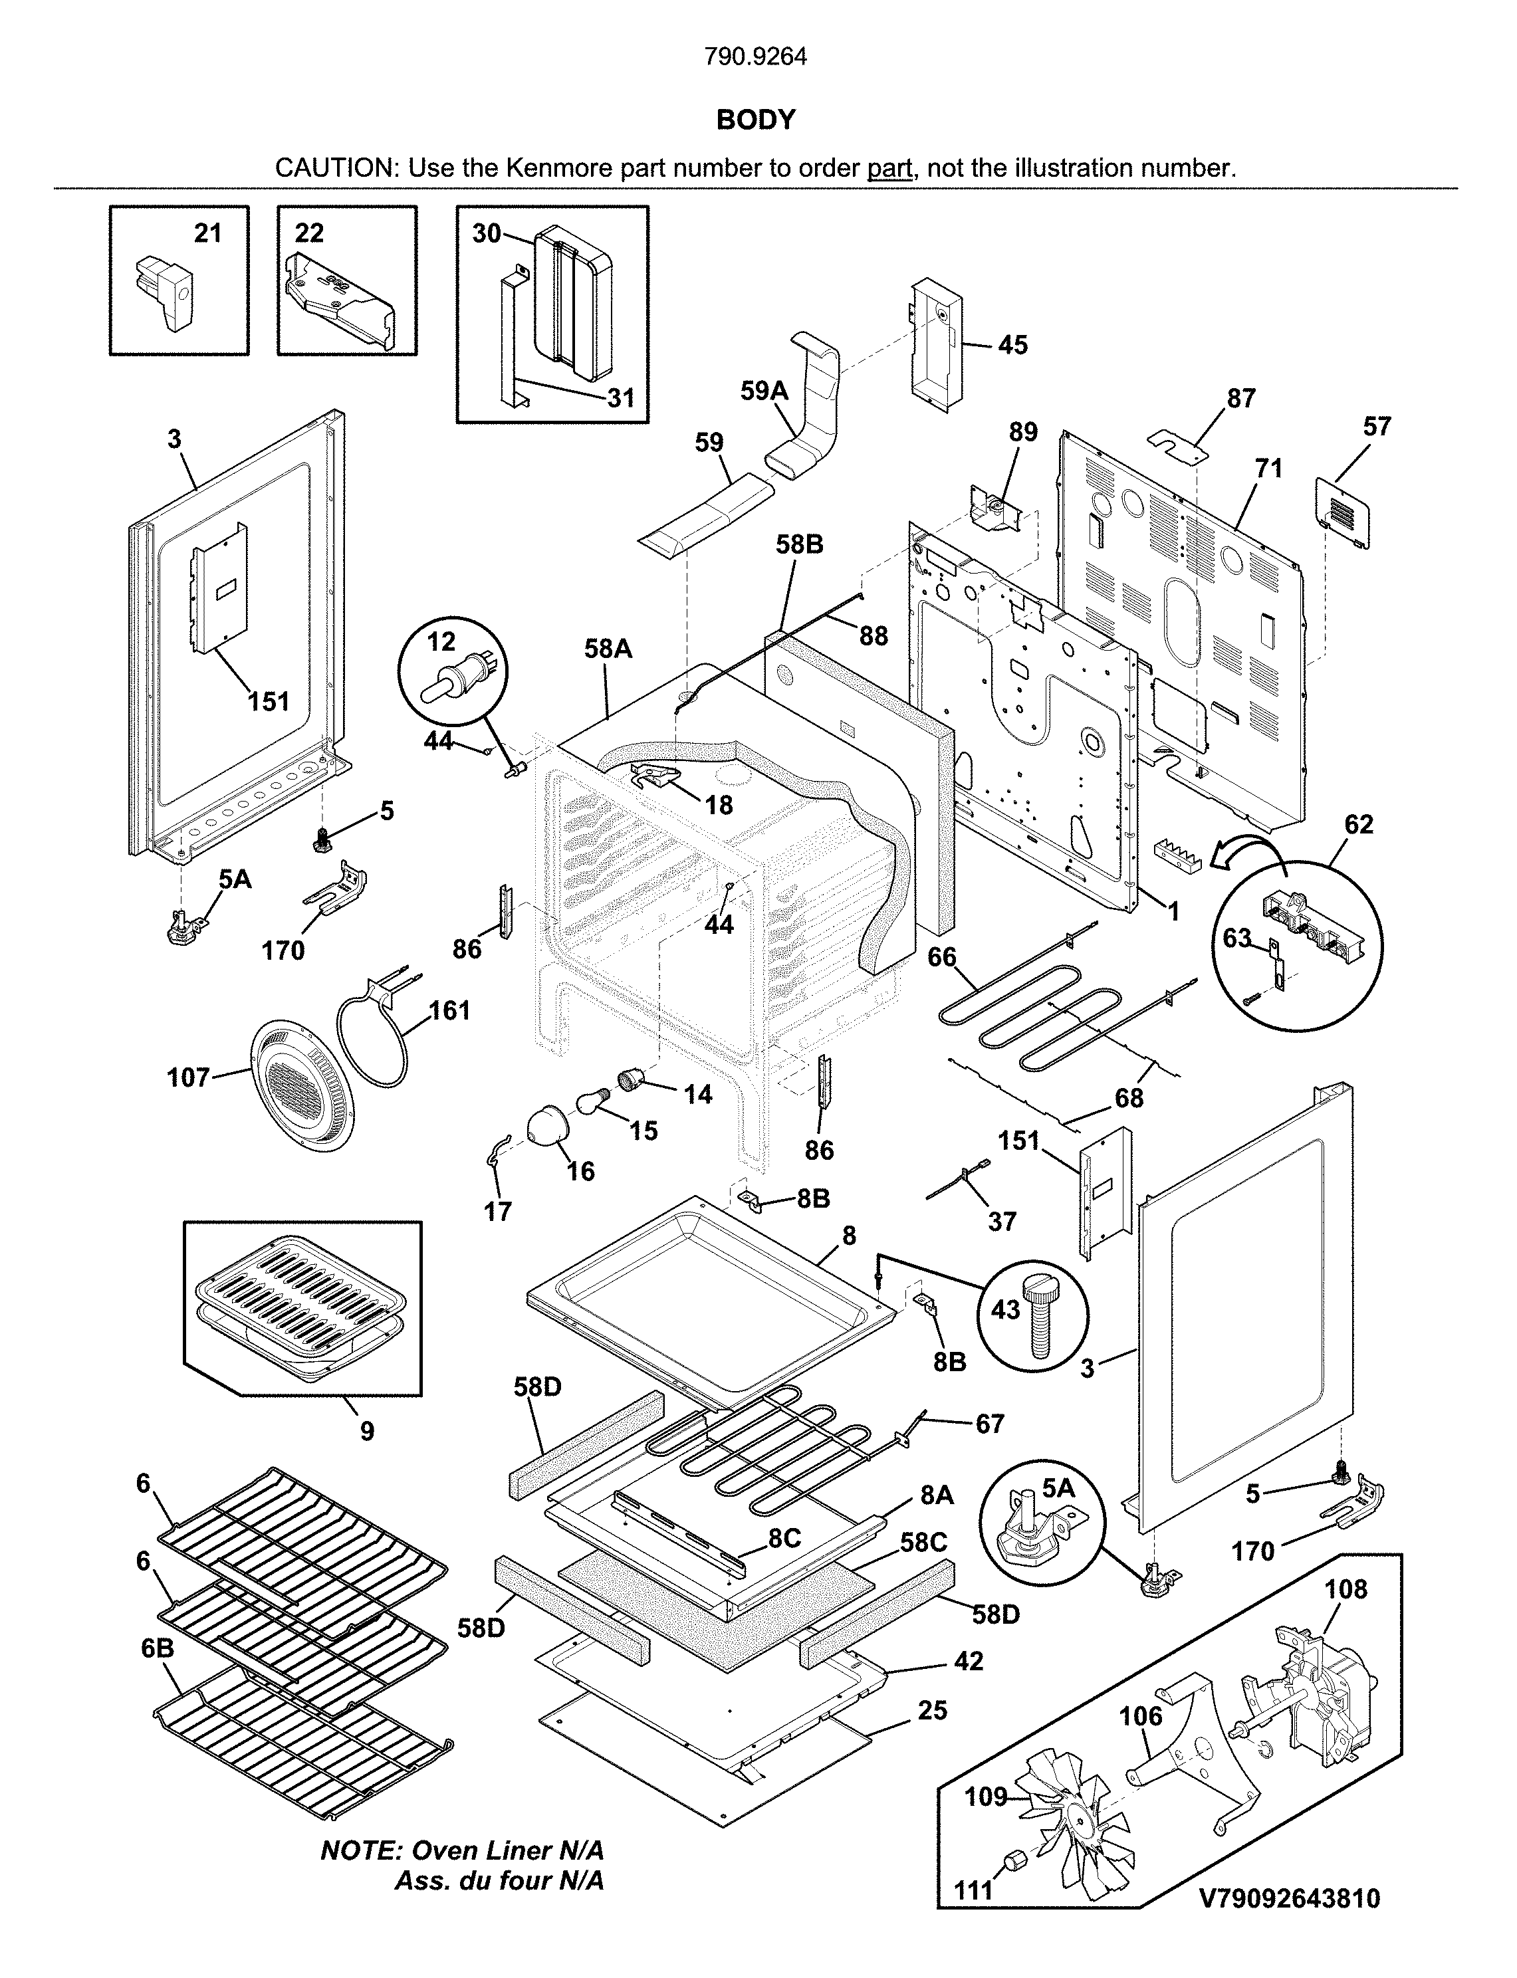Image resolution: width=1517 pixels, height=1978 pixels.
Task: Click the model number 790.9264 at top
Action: (x=756, y=57)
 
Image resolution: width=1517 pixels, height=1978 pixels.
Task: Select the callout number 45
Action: (x=1012, y=345)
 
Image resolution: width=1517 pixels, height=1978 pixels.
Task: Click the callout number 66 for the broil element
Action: (x=942, y=957)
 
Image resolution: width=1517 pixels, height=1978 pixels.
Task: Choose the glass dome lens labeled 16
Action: (x=550, y=1125)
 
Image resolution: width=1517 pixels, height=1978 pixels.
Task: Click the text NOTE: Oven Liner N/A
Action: (x=462, y=1850)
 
